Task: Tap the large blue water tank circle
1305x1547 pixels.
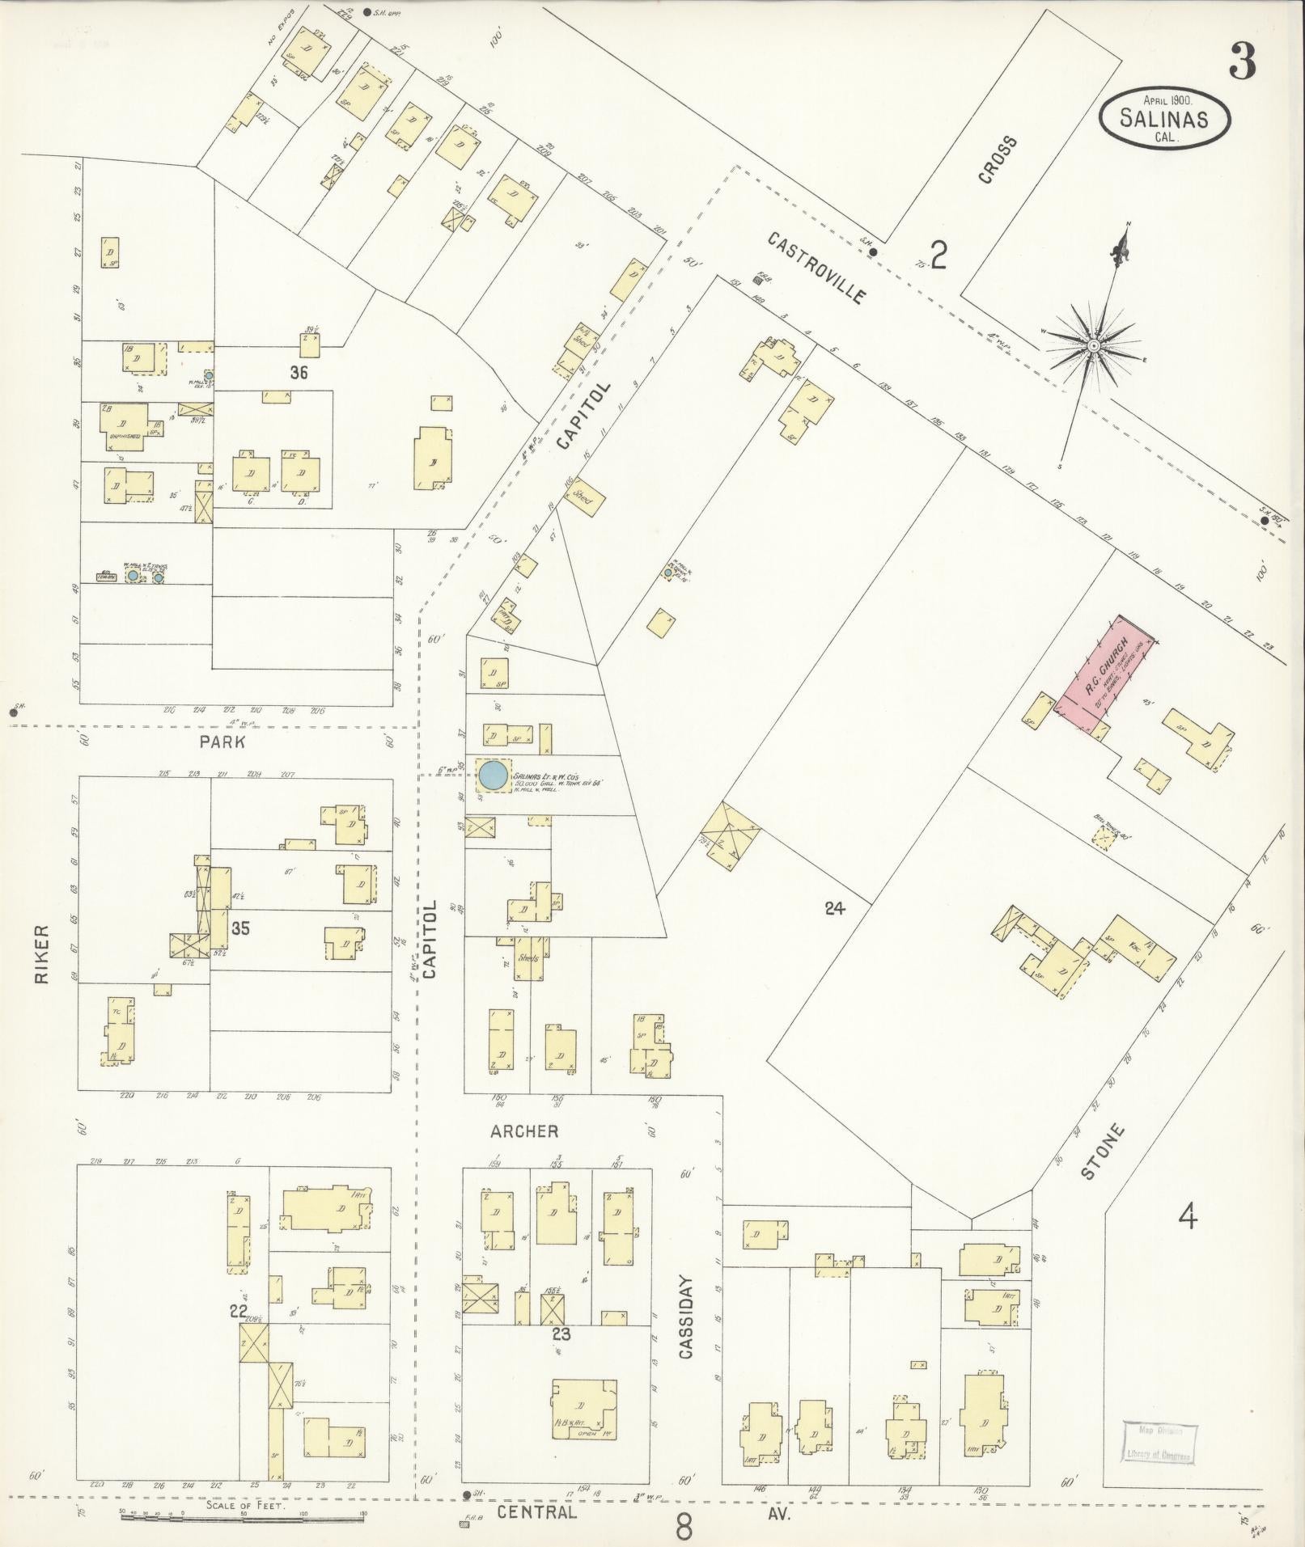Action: (492, 775)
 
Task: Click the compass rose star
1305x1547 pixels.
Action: (1093, 345)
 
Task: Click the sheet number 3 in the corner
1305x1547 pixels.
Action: (1243, 61)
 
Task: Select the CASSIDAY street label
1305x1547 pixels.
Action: (686, 1327)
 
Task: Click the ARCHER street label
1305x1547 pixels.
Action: (524, 1131)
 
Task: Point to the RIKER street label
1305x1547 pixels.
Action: (41, 954)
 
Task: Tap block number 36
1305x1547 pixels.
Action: (299, 373)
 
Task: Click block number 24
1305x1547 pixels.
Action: (834, 908)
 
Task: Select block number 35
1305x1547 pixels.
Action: (239, 928)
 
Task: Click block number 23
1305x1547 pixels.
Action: (561, 1334)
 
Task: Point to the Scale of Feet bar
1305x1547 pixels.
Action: (243, 1517)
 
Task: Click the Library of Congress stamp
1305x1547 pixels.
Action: (1159, 1443)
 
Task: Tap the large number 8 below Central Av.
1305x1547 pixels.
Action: (684, 1527)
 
